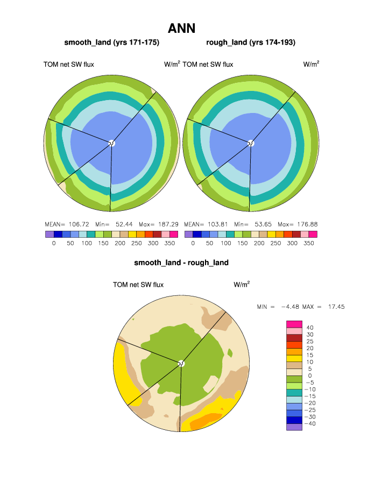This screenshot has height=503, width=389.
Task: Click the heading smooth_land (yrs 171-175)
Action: click(112, 42)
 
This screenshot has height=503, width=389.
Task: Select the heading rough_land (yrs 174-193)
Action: click(251, 42)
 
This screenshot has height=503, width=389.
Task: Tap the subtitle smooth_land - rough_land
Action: click(181, 263)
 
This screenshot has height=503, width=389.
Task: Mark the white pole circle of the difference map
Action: click(181, 363)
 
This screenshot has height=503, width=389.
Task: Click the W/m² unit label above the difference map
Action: click(241, 284)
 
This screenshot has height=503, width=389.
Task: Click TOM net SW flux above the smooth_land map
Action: click(69, 65)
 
